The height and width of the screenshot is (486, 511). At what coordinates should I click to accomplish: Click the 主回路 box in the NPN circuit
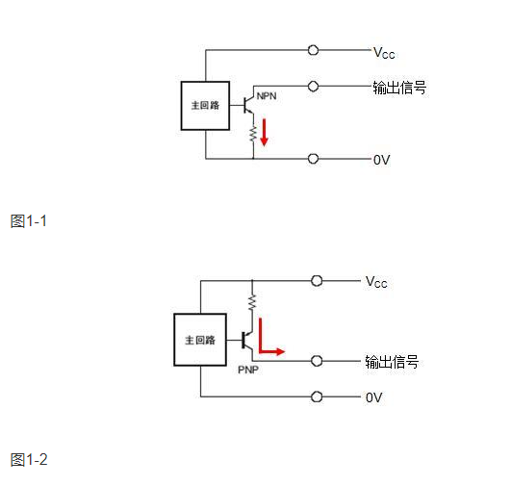click(x=205, y=105)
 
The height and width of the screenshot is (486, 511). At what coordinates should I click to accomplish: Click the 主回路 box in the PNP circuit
click(x=199, y=340)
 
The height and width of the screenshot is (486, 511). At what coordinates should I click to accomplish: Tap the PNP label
click(x=248, y=369)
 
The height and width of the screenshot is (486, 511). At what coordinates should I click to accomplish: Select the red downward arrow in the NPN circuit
click(x=265, y=133)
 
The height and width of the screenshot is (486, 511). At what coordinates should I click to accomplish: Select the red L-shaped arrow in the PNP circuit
click(x=270, y=344)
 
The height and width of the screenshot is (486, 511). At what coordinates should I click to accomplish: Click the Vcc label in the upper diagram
click(x=384, y=53)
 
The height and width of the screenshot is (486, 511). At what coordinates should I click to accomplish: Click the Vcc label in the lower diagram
click(x=376, y=282)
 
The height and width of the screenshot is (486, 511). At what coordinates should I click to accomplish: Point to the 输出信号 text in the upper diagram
click(x=399, y=88)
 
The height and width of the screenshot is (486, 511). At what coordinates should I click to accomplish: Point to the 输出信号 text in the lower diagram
click(x=392, y=362)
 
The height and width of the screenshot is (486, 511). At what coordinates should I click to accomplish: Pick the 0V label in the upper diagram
click(x=381, y=160)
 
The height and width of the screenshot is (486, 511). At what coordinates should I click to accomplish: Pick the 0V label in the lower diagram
click(x=374, y=396)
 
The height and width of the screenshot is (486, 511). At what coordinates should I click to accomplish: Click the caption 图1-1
click(x=28, y=221)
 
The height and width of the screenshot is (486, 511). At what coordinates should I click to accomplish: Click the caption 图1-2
click(x=29, y=459)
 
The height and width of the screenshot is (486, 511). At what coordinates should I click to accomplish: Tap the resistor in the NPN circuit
click(x=253, y=133)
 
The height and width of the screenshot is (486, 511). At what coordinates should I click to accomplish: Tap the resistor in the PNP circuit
click(x=251, y=304)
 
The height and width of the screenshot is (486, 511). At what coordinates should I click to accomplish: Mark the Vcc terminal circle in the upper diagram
click(x=313, y=50)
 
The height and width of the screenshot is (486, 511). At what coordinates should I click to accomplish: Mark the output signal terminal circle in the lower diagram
click(x=317, y=361)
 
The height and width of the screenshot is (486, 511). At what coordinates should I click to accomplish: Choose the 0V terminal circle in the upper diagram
click(x=313, y=159)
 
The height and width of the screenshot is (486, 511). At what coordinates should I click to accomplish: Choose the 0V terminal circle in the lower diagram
click(x=317, y=396)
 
